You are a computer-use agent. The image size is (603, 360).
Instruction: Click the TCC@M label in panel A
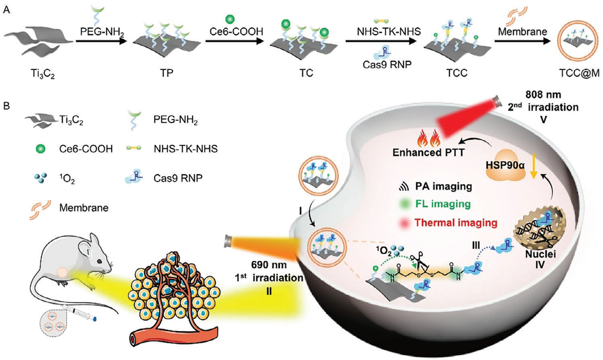click(x=578, y=73)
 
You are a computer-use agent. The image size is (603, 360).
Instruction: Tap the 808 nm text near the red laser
click(x=543, y=95)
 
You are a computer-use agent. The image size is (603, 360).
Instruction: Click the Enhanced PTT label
click(x=429, y=152)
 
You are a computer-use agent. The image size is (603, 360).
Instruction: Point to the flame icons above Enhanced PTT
click(x=429, y=138)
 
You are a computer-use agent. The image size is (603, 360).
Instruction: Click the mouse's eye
click(x=100, y=261)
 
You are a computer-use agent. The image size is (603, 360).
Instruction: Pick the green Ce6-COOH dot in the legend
click(x=40, y=149)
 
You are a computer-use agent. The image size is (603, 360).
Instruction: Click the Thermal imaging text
click(x=456, y=223)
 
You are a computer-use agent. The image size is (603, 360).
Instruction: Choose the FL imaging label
click(x=443, y=204)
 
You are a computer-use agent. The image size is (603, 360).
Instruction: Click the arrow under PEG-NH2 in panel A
click(x=101, y=41)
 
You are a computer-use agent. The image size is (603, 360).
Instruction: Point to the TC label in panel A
click(x=306, y=73)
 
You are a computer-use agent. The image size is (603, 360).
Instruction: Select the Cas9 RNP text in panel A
click(x=387, y=64)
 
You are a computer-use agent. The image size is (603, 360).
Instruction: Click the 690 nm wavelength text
click(x=269, y=265)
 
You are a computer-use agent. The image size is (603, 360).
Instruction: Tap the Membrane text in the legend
click(x=84, y=208)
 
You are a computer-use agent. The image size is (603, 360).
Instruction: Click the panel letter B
click(x=6, y=106)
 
